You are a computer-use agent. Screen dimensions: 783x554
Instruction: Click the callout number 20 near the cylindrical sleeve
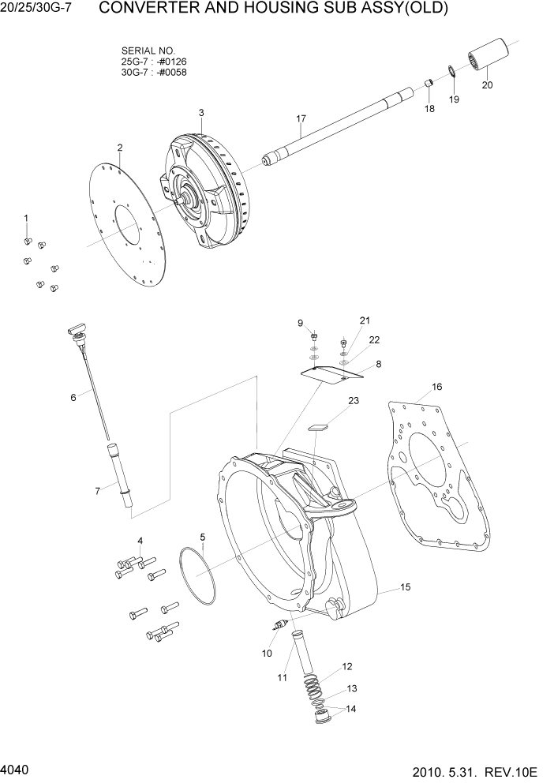487,85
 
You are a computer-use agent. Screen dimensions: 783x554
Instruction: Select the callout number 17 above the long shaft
301,119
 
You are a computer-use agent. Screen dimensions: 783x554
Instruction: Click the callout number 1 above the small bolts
25,218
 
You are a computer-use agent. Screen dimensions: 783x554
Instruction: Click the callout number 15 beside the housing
406,587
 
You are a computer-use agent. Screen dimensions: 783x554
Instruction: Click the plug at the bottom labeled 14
325,719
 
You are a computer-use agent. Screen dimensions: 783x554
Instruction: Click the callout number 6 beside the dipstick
73,398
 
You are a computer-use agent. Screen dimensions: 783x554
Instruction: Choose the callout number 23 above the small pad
354,401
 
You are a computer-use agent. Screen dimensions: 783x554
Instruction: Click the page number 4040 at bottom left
16,767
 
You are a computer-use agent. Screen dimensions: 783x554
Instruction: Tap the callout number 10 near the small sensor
267,654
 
